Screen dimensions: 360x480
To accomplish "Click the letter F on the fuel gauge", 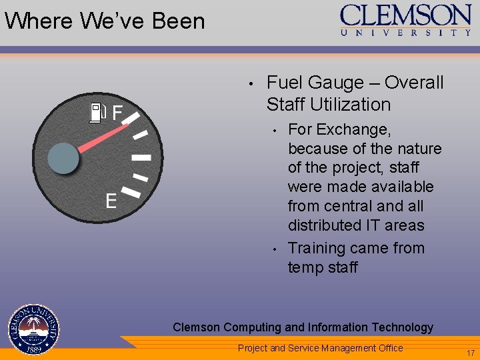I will (117, 113).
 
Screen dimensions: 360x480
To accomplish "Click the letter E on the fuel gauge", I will (111, 201).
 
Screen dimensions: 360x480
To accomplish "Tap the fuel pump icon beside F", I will (97, 112).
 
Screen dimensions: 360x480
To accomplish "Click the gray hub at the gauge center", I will (64, 159).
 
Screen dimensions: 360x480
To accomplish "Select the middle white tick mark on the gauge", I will (141, 158).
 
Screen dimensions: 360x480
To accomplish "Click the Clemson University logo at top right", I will (406, 20).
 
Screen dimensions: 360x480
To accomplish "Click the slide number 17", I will (471, 353).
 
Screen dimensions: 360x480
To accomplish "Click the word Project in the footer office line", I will (253, 348).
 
